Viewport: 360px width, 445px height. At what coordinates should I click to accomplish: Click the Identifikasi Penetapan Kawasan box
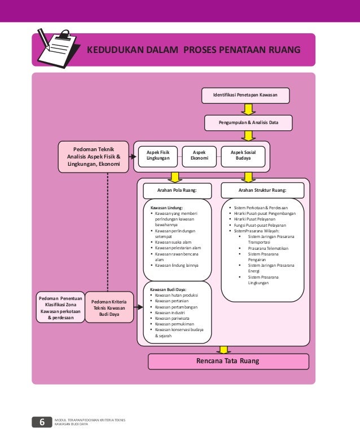pos(245,96)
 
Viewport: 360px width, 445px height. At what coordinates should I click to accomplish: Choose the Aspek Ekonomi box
pos(199,156)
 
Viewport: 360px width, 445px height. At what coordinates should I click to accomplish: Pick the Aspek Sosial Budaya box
pos(243,156)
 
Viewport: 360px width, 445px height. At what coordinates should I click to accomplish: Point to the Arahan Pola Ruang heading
pos(177,191)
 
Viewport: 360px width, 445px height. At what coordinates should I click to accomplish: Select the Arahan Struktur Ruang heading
pos(262,191)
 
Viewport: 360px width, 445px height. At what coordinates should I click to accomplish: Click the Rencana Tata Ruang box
pos(228,361)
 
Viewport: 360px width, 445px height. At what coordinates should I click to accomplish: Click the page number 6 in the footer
pos(42,422)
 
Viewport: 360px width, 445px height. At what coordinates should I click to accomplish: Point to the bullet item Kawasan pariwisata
pos(174,318)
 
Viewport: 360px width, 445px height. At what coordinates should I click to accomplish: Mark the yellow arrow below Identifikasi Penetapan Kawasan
pos(247,109)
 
